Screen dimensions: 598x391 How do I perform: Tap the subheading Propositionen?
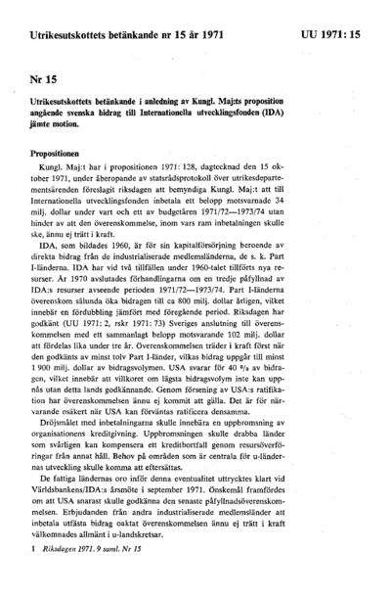(x=61, y=154)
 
